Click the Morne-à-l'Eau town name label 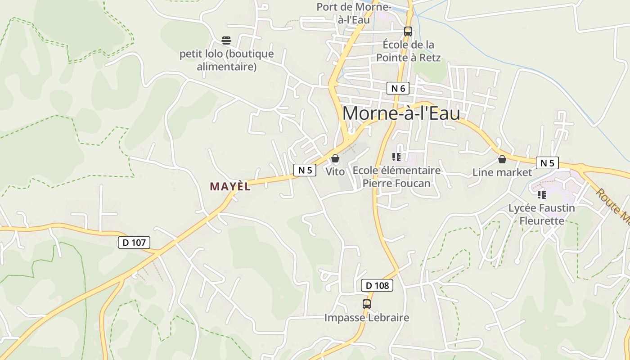[401, 113]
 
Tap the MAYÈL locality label [230, 186]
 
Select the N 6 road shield [398, 88]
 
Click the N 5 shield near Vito [305, 170]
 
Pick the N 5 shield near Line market [547, 163]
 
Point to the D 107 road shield [134, 243]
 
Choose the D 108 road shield [377, 285]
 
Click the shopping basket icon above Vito [335, 158]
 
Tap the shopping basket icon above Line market [502, 159]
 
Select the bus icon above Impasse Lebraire [367, 304]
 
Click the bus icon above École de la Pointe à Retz [408, 31]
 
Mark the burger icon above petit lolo [226, 40]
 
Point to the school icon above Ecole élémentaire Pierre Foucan [396, 157]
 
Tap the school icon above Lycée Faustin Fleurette [542, 194]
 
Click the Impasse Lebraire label [367, 318]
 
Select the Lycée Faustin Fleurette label [542, 214]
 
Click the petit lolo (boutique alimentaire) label [226, 60]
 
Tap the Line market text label [502, 172]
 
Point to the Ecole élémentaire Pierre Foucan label [396, 177]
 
